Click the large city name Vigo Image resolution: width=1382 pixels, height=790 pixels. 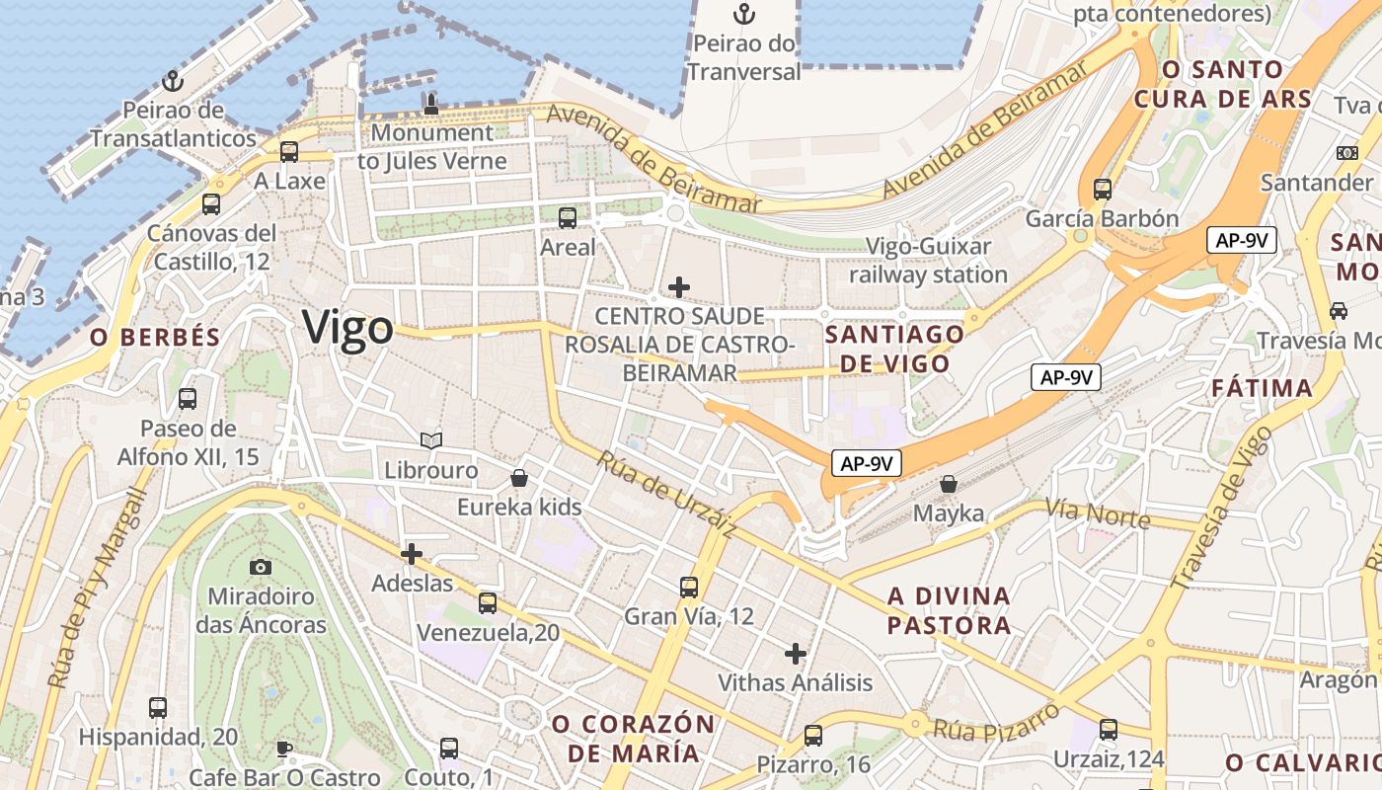tap(347, 328)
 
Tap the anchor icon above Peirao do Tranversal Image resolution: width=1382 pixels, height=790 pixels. tap(744, 14)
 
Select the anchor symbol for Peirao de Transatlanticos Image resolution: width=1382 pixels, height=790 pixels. tap(174, 80)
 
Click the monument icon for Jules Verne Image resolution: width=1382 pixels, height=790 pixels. tap(430, 104)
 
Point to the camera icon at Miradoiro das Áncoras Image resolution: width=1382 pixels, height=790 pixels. tap(261, 567)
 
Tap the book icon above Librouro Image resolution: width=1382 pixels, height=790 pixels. tap(430, 440)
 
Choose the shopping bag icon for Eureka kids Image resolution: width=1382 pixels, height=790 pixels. tap(519, 479)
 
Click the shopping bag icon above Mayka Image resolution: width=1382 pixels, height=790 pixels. tap(949, 484)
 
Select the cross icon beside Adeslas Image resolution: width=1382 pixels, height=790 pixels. tap(412, 554)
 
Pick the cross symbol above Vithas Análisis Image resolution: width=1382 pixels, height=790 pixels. tap(796, 653)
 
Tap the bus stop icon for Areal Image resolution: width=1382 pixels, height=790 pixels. tap(568, 218)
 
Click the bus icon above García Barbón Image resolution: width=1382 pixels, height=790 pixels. tap(1103, 190)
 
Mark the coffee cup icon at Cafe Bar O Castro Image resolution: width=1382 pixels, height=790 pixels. tap(284, 748)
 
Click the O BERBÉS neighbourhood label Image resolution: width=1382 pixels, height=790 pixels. tap(155, 338)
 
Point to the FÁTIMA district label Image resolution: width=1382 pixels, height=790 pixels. tap(1263, 388)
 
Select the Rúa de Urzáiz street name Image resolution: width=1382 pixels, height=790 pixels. tap(666, 494)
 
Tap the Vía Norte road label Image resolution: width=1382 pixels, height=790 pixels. tap(1097, 513)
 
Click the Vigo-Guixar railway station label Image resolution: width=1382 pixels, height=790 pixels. tap(928, 260)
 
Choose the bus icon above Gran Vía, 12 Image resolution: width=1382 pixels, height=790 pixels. tap(689, 588)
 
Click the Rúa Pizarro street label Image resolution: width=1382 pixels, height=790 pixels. tap(996, 722)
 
